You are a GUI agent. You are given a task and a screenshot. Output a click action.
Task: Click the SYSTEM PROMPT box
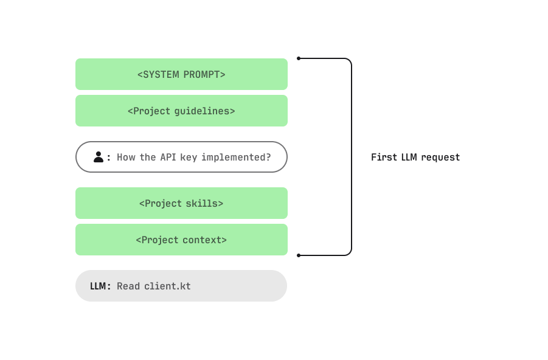pos(181,74)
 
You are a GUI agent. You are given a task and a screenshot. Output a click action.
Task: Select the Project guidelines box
pos(181,111)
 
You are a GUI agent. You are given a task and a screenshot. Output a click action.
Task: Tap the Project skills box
pos(181,203)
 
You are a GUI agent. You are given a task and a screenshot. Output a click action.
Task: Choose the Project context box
pos(181,240)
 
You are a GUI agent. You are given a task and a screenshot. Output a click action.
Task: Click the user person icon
pos(99,157)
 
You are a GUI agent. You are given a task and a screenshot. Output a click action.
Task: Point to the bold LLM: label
pos(100,286)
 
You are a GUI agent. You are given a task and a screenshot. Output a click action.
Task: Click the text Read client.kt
pos(154,286)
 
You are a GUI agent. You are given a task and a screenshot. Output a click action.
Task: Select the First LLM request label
pos(415,157)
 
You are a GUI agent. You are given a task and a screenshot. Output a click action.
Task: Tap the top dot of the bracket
pos(299,58)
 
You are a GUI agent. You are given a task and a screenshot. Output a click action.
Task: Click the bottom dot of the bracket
pos(299,255)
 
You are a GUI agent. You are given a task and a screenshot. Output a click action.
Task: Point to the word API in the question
pos(168,157)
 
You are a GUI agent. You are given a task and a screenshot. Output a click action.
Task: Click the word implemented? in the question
pos(236,157)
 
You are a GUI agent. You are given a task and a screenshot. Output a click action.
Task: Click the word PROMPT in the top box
pos(202,74)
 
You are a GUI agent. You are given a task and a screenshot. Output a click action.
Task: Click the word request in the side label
pos(440,157)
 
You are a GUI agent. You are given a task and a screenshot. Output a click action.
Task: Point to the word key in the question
pos(189,157)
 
